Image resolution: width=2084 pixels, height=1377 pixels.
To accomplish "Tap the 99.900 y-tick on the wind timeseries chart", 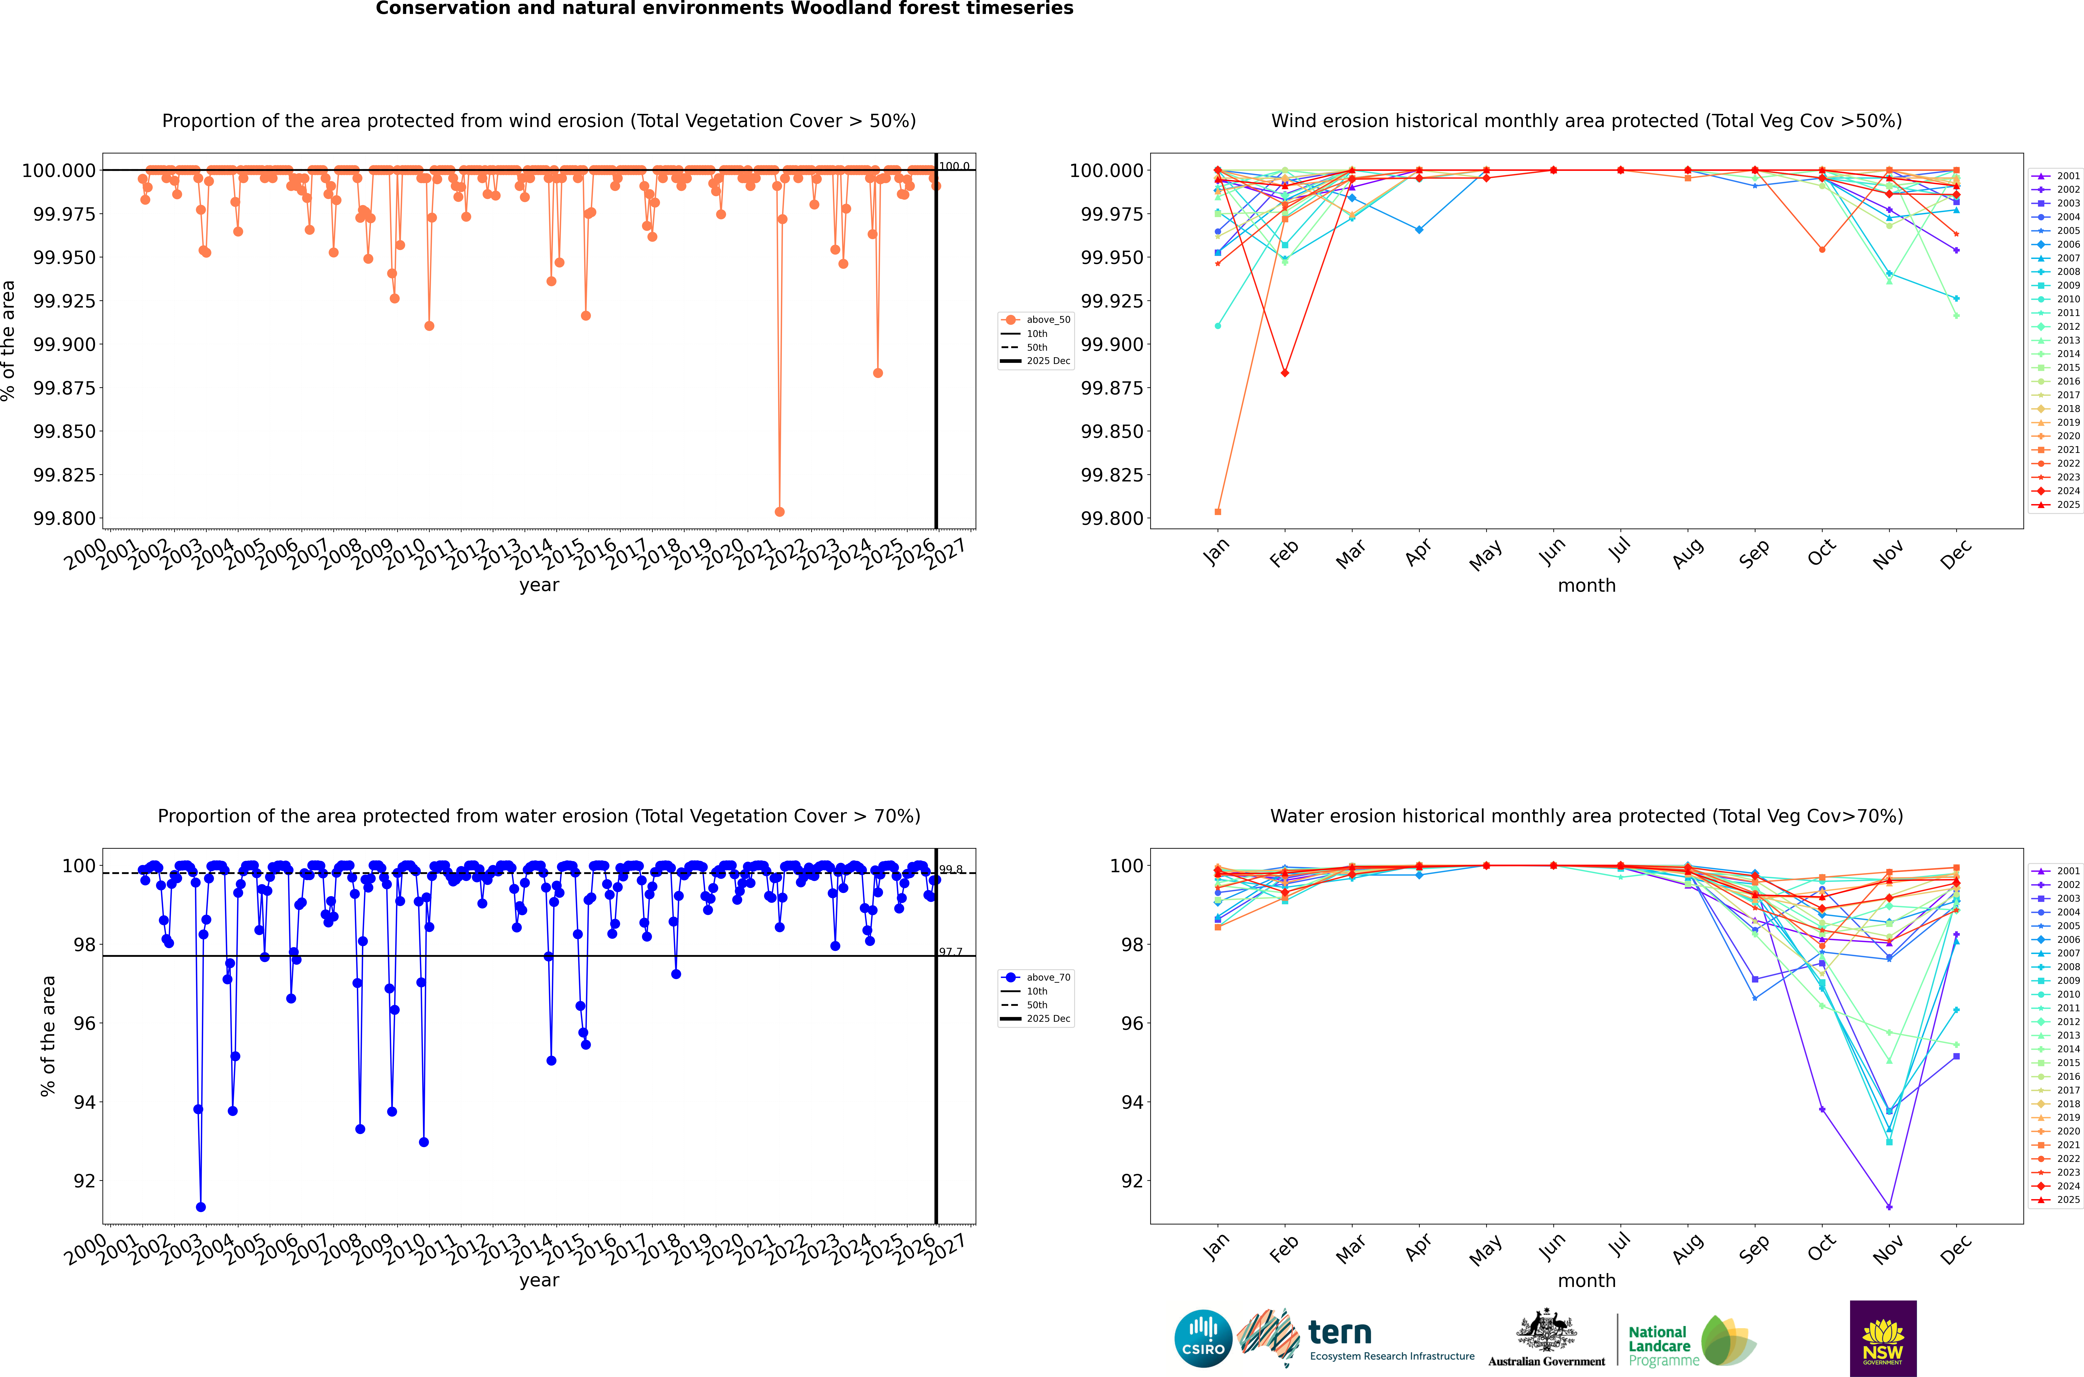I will click(64, 344).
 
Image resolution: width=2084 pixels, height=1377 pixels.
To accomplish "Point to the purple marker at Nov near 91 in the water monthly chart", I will click(1889, 1207).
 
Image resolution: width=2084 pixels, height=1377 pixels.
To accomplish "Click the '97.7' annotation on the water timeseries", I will click(950, 952).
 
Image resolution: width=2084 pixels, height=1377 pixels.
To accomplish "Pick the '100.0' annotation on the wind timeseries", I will click(954, 166).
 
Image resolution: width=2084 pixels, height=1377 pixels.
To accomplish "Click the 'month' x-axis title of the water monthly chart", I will click(1586, 1280).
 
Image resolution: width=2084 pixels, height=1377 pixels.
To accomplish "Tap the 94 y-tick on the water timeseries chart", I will click(84, 1102).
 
